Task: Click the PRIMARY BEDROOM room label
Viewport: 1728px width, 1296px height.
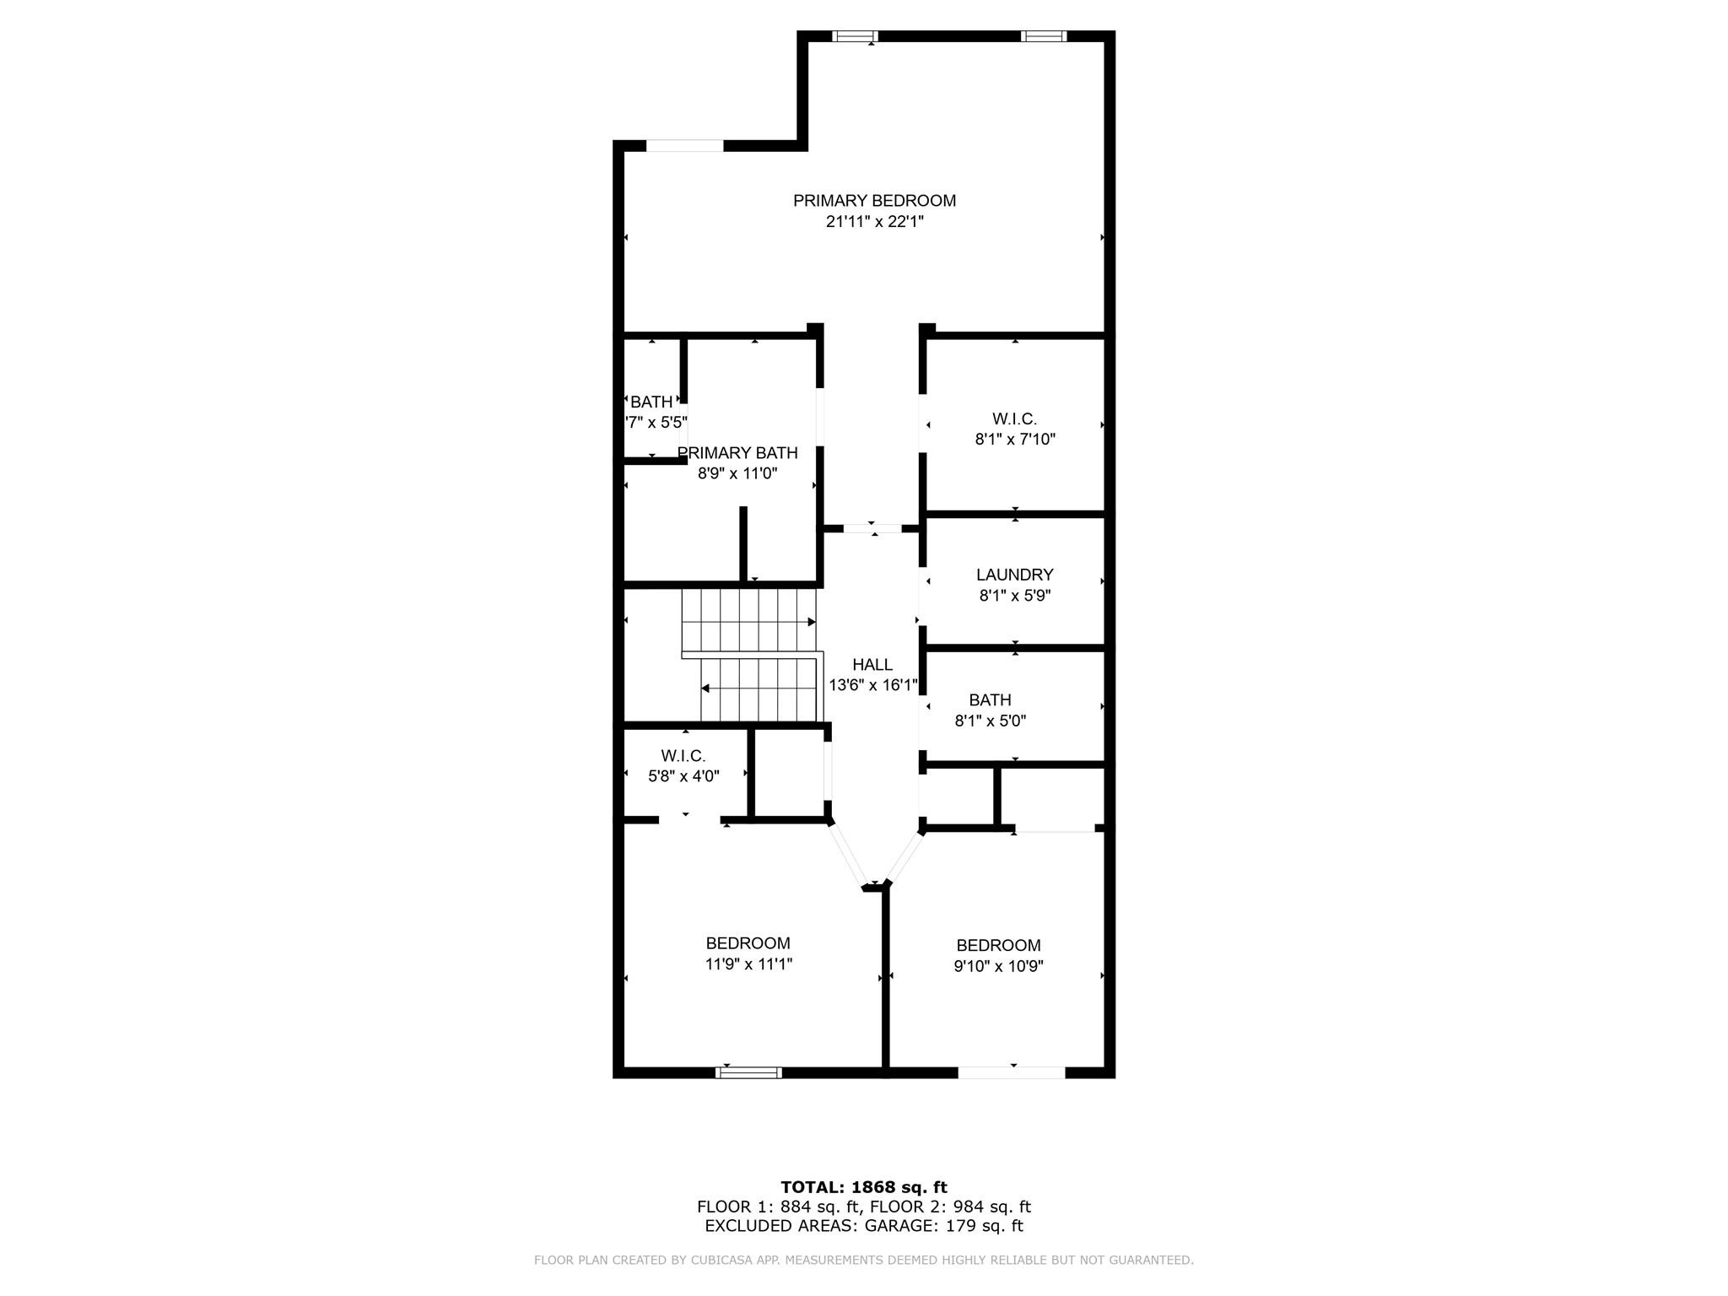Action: [874, 201]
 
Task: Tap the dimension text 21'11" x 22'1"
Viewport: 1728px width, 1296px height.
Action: [875, 222]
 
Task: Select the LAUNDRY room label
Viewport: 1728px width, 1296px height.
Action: [1014, 575]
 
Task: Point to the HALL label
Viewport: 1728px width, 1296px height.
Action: [872, 665]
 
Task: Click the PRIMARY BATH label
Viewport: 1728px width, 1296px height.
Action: [737, 453]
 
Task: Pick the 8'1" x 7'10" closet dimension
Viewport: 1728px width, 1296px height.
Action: [1015, 439]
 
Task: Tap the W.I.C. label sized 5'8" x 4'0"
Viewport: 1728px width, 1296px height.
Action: [683, 756]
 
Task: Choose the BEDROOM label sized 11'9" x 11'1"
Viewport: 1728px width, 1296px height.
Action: [748, 943]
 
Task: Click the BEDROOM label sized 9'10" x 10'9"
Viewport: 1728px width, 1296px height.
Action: [998, 945]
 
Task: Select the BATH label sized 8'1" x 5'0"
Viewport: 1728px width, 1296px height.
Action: [990, 700]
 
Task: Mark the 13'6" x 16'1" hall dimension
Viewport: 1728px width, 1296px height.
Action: [872, 686]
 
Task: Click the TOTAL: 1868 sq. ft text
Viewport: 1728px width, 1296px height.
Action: [864, 1187]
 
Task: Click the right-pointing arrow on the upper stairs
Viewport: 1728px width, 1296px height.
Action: [812, 622]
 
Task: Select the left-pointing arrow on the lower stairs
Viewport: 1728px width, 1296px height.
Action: [705, 688]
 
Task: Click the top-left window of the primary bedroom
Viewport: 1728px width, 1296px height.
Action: [855, 36]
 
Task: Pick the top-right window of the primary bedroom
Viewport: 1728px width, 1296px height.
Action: [1044, 36]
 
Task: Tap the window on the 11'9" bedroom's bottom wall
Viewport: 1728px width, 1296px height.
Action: [748, 1072]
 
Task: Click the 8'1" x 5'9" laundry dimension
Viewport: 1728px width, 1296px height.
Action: [1015, 596]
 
